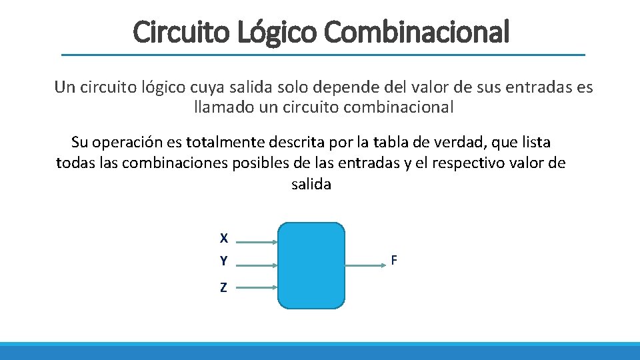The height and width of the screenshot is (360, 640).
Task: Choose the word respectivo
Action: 472,163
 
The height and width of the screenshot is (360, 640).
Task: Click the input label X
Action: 224,238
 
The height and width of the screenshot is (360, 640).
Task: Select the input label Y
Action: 224,261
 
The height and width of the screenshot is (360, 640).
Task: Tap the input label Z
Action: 224,288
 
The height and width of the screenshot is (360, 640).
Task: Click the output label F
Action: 394,261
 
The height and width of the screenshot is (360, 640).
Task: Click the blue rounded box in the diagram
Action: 311,265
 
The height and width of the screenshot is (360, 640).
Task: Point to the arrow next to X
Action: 257,243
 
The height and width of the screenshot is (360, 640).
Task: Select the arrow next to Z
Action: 257,287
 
